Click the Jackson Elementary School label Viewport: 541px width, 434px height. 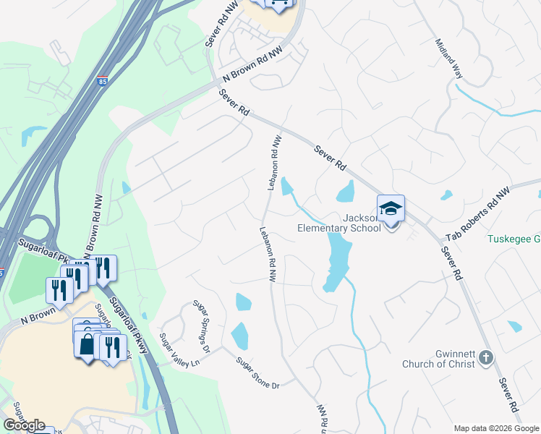[339, 223]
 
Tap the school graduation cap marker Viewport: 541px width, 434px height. [391, 210]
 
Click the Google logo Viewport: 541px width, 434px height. [24, 425]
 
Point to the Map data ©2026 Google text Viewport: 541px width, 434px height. [496, 427]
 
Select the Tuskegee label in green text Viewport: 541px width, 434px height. [513, 239]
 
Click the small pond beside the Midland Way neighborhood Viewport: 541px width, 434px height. [446, 195]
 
